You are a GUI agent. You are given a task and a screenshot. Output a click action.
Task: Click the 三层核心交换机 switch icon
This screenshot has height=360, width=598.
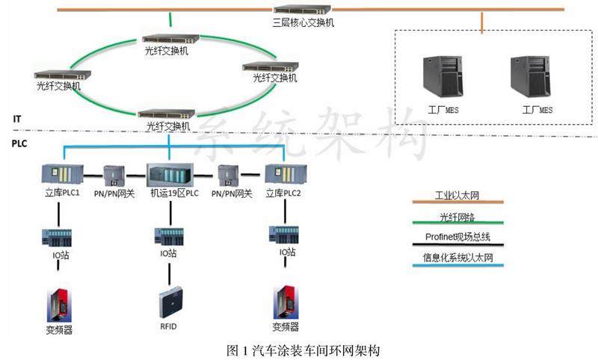(x=303, y=10)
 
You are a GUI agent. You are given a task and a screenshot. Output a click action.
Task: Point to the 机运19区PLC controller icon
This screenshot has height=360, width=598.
(x=171, y=176)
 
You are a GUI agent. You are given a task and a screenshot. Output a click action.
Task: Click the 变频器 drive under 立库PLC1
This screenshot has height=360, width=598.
(x=58, y=303)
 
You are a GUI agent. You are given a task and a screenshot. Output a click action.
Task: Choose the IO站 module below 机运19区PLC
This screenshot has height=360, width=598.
(x=169, y=238)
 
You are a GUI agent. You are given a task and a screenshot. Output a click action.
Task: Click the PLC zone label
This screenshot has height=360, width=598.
(x=20, y=142)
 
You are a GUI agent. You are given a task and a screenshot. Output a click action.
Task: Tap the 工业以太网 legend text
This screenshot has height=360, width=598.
(x=457, y=196)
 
